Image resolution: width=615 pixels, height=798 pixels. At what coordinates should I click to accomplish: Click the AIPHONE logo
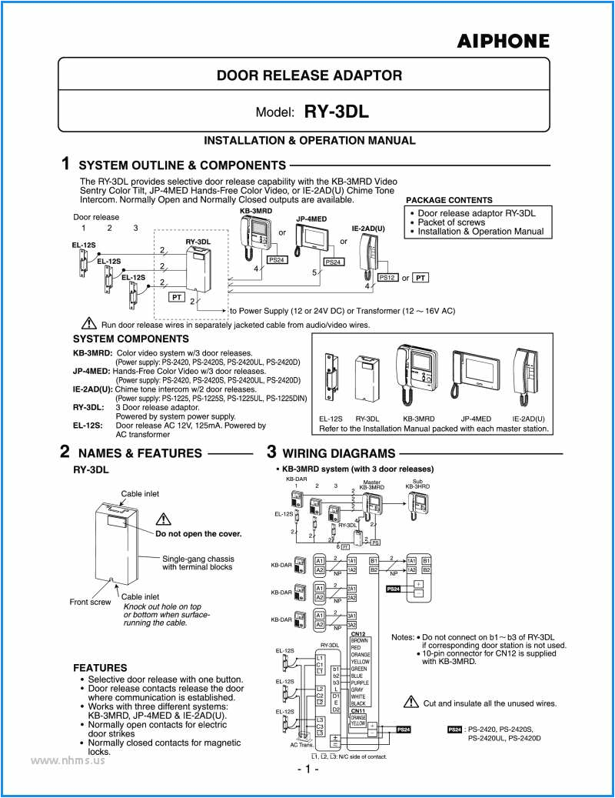pos(504,42)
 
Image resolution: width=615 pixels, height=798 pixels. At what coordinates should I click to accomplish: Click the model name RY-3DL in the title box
pos(337,112)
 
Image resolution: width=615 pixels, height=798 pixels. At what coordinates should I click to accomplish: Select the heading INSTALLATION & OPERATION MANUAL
pos(309,141)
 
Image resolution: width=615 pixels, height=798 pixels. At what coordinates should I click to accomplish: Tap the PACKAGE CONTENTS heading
pos(449,200)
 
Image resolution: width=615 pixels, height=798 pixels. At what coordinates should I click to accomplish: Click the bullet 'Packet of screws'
pos(451,222)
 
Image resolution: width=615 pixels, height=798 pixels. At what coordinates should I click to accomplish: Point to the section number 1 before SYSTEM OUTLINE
pos(66,164)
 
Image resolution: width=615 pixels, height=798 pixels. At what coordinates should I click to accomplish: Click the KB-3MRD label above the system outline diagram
pos(255,210)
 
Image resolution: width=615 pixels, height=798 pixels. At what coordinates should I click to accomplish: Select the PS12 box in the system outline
pos(387,278)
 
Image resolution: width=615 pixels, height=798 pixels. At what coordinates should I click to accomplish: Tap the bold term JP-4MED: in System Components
pos(91,370)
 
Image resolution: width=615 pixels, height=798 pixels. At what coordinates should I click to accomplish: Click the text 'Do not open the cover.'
pos(198,533)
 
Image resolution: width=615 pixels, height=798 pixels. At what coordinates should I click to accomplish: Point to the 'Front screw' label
pos(90,602)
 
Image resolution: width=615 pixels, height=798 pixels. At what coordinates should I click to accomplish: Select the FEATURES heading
pos(100,667)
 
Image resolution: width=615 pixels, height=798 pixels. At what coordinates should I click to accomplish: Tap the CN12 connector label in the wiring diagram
pos(357,633)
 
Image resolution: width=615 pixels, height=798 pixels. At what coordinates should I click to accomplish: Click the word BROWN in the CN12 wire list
pos(359,640)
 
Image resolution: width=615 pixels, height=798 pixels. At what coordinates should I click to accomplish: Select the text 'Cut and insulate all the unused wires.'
pos(490,703)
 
